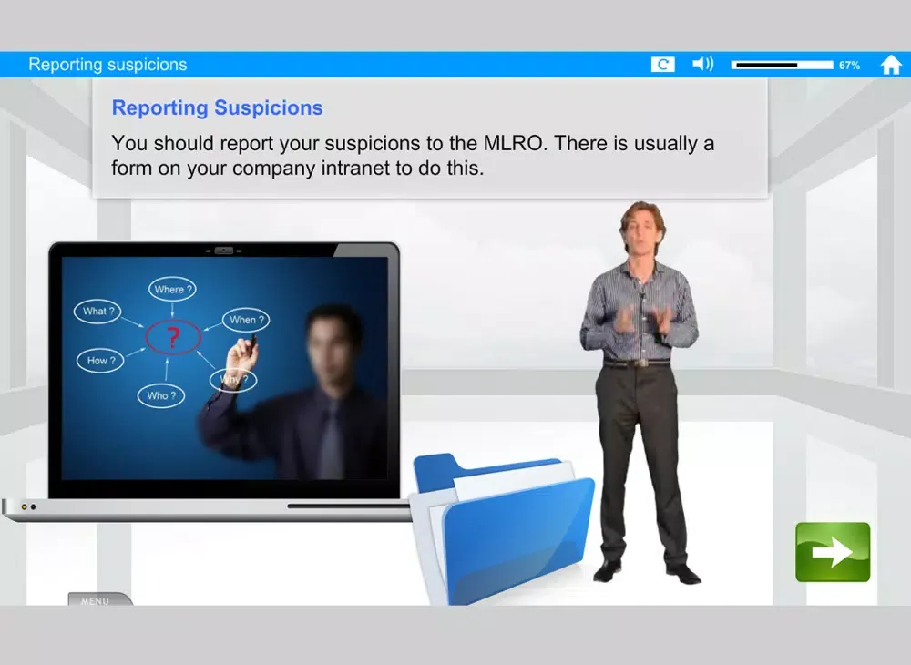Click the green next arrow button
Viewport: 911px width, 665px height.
(x=833, y=552)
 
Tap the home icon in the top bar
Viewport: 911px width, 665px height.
(x=891, y=65)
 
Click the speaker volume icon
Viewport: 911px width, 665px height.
(x=703, y=64)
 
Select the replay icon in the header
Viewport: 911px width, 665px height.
(x=663, y=65)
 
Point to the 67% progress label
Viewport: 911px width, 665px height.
(x=849, y=65)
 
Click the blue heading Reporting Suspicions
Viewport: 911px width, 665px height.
(x=218, y=107)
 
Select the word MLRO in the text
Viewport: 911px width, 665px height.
(x=515, y=143)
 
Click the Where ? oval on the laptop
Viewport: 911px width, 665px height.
(x=172, y=290)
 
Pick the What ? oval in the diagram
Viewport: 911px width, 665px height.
(x=97, y=312)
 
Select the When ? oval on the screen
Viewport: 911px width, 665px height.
(x=246, y=320)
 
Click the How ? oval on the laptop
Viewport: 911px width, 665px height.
(x=100, y=361)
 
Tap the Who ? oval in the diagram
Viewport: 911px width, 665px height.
(x=161, y=395)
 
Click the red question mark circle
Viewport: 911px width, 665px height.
(x=172, y=337)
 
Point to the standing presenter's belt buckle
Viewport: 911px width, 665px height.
(x=640, y=363)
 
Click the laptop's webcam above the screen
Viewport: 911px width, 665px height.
(x=224, y=251)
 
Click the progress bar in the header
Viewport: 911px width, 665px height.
(x=782, y=65)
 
